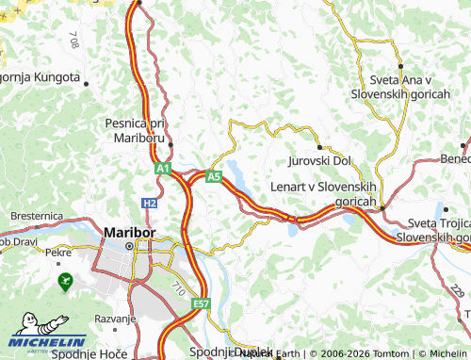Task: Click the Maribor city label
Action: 128,232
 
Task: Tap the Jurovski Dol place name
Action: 319,161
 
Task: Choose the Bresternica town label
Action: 36,216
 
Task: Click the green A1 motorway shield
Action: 163,169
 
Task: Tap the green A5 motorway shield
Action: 214,175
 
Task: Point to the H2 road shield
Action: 150,203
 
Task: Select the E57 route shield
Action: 201,304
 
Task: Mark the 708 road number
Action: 73,40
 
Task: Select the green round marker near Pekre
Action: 65,280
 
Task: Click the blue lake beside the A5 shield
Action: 236,175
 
